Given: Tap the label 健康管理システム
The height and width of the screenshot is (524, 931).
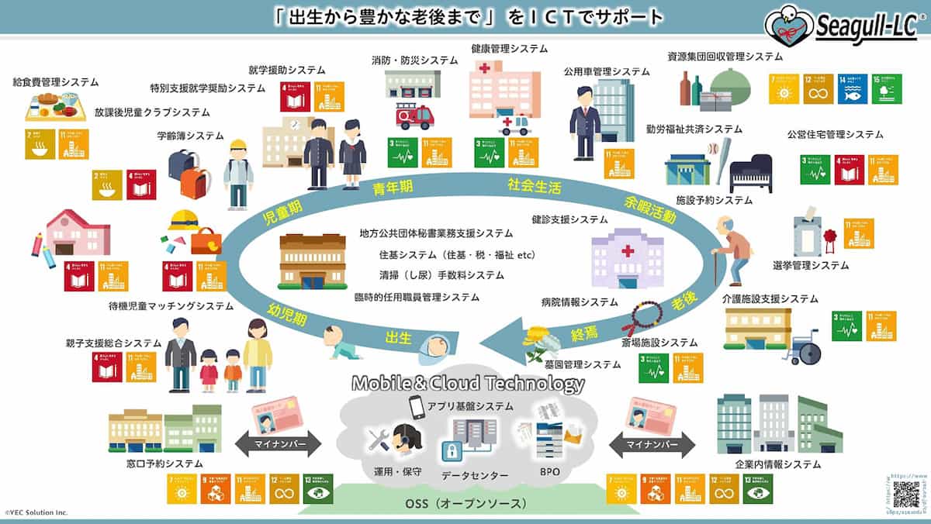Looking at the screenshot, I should tap(509, 48).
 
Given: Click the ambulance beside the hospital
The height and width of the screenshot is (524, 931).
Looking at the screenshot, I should tap(516, 124).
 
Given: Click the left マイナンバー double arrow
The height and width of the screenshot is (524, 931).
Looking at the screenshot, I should tap(275, 444).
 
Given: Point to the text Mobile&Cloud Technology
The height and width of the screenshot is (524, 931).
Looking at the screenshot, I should tap(468, 384).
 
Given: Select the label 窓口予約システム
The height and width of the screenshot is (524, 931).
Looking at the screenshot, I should tap(164, 464).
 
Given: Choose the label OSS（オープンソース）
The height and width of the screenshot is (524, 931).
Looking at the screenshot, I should tap(466, 505).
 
